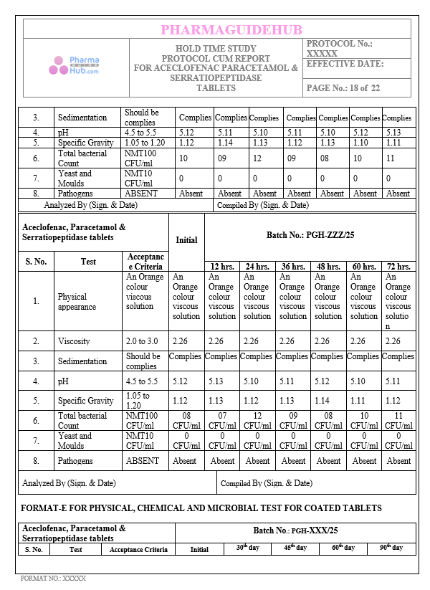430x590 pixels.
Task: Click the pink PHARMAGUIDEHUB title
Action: [x=231, y=29]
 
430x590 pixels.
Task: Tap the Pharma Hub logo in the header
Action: [x=75, y=66]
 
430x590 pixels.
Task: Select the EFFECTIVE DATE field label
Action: [x=345, y=64]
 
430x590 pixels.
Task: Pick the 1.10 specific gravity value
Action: [x=365, y=143]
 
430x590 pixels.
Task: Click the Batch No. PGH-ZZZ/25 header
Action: [x=310, y=234]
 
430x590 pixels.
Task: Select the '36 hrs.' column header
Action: [x=292, y=266]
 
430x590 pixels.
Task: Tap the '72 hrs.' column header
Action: [x=398, y=266]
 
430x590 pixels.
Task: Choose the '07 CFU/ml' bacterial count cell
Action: [x=222, y=420]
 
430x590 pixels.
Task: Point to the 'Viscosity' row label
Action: [x=74, y=341]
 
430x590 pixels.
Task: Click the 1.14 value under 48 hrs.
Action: [x=328, y=401]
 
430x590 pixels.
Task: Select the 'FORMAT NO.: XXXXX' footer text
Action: [x=53, y=578]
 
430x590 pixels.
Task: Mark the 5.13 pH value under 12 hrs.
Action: [x=221, y=381]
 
